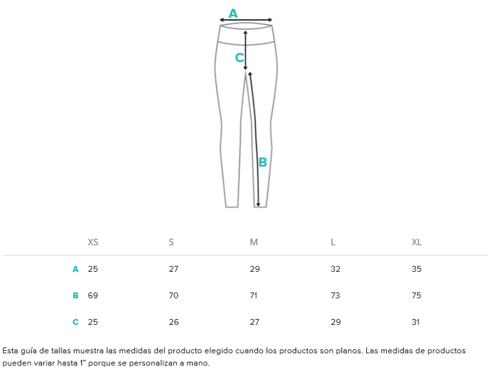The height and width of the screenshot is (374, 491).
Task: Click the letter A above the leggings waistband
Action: point(233,14)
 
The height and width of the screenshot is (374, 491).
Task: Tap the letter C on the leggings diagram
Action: point(239,58)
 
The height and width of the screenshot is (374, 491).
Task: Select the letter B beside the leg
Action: point(263,162)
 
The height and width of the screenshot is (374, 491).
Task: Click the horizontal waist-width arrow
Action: point(246,20)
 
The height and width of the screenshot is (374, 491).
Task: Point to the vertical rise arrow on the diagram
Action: point(246,50)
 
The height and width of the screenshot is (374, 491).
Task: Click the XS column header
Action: point(93,242)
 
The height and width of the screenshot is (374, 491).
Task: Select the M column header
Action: point(254,242)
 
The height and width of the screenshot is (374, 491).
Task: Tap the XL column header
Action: point(417,242)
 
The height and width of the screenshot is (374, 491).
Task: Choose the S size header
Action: point(171,242)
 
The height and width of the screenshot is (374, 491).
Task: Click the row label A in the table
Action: point(76,269)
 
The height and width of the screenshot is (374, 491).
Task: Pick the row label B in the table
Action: point(76,295)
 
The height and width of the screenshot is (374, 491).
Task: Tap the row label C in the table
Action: point(76,322)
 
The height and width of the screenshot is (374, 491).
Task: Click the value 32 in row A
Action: point(335,269)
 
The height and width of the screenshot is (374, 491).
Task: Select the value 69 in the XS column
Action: point(93,295)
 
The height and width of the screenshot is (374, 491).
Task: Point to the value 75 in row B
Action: point(417,295)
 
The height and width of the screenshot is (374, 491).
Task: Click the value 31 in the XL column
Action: point(415,322)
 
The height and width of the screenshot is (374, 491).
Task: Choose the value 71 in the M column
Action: point(254,295)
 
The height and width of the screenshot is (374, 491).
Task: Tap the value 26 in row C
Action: point(174,322)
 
